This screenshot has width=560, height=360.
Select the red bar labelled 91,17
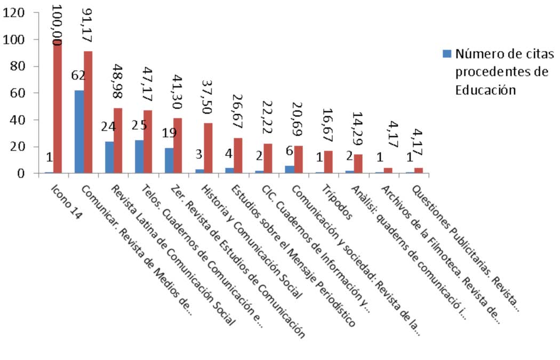coord(88,112)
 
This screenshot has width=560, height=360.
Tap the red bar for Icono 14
coord(58,107)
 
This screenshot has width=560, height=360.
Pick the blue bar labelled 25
coord(139,157)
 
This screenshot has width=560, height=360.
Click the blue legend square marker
coord(447,53)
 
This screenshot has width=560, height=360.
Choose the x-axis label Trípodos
coord(337,203)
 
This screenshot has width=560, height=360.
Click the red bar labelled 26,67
coord(238,156)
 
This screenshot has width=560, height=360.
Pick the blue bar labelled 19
coord(169,161)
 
